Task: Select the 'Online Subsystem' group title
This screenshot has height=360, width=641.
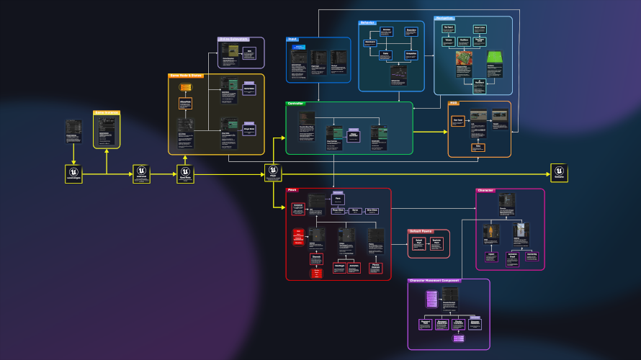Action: (x=233, y=39)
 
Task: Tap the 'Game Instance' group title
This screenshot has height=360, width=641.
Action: (x=106, y=113)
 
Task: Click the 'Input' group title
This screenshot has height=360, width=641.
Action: (x=292, y=40)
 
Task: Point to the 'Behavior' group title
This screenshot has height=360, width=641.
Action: (x=368, y=22)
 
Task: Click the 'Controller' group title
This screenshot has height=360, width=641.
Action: (x=296, y=104)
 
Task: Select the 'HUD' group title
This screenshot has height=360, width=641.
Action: (x=454, y=103)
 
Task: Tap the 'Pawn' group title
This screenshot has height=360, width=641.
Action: (x=292, y=190)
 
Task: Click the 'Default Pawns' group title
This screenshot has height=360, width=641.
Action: (x=421, y=231)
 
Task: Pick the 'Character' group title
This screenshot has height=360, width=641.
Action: (x=485, y=190)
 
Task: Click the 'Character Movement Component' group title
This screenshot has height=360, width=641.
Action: (x=434, y=280)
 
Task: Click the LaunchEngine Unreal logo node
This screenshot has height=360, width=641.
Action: (x=73, y=173)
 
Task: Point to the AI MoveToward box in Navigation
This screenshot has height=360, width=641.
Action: (x=478, y=85)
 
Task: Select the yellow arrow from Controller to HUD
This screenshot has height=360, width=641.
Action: (x=430, y=132)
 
